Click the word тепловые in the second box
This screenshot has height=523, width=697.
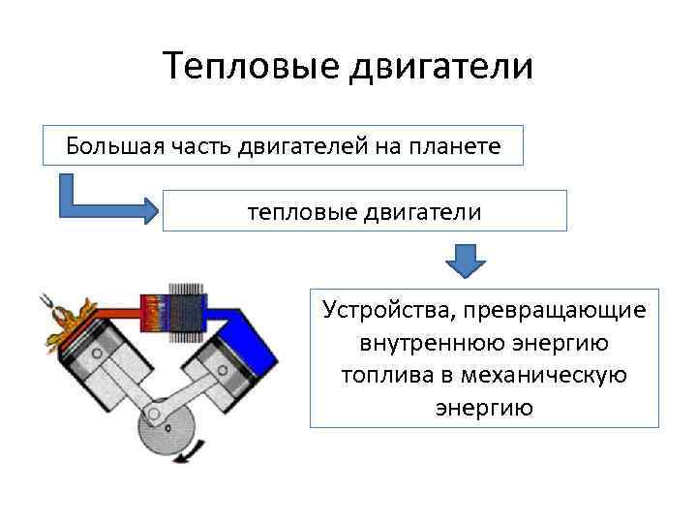tap(296, 210)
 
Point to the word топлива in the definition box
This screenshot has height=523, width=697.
tap(379, 375)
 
